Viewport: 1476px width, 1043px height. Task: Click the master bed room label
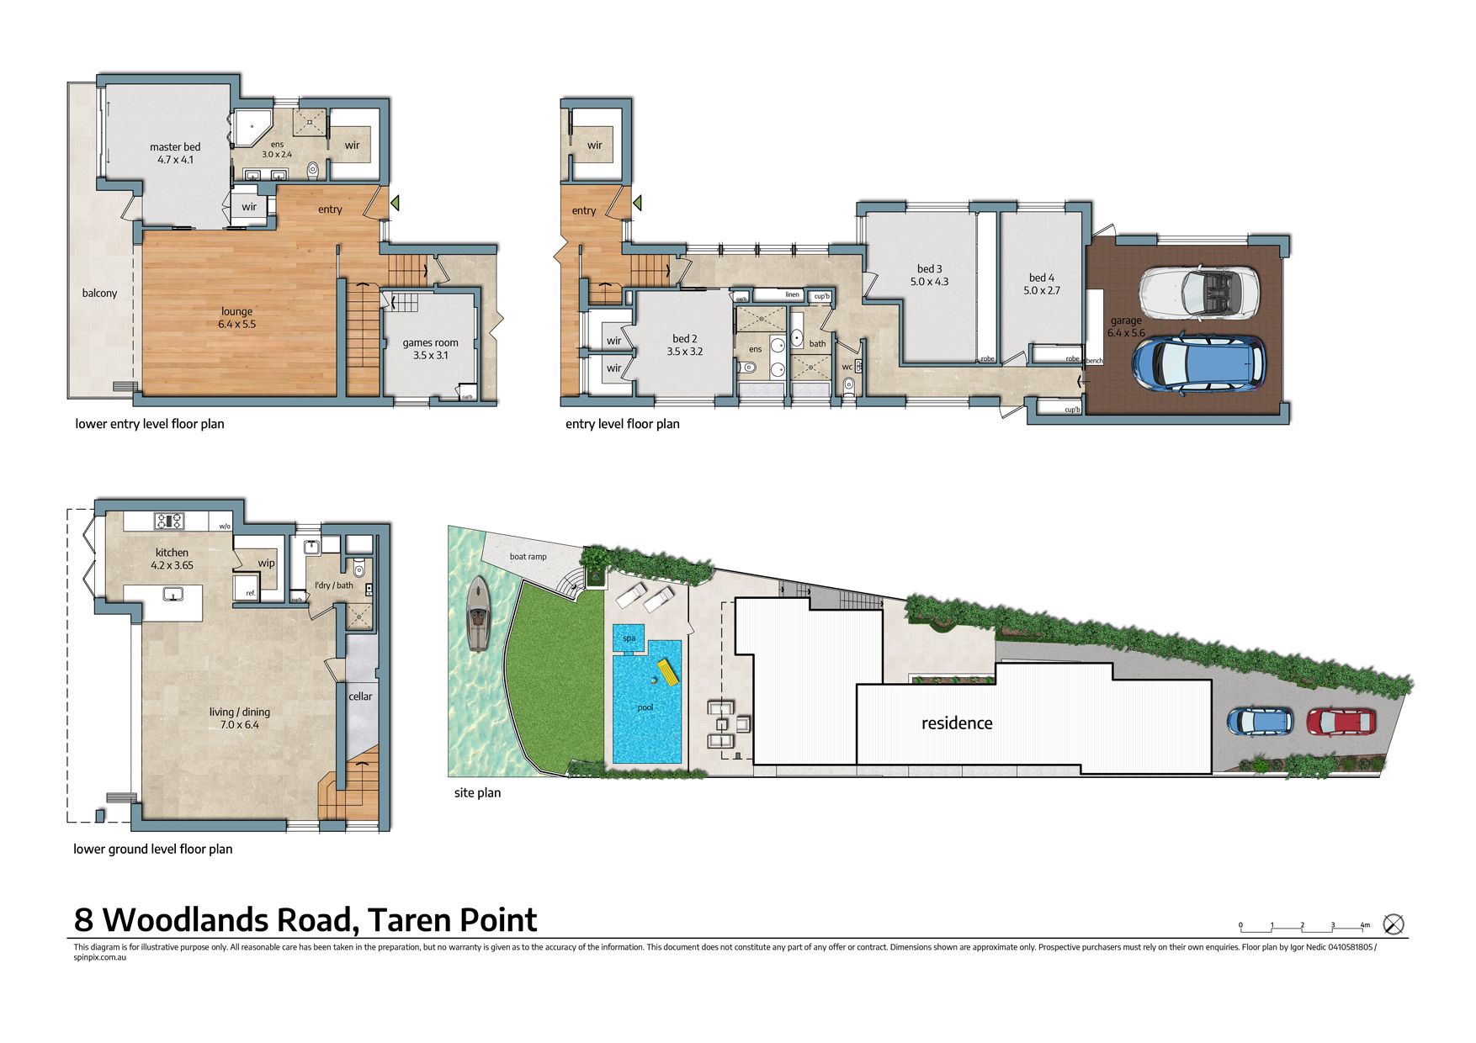click(175, 147)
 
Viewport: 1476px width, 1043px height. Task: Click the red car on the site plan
click(1341, 721)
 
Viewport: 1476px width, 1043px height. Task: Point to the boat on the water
click(478, 614)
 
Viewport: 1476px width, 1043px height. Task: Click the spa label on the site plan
click(629, 638)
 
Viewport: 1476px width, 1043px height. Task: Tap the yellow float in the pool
click(668, 672)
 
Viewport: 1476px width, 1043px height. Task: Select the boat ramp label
click(528, 557)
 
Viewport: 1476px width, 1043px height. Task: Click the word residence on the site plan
click(957, 723)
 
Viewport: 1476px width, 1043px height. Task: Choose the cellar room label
click(360, 696)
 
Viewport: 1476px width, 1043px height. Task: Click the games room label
click(430, 343)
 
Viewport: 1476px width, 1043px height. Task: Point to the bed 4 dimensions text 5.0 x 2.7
click(1042, 290)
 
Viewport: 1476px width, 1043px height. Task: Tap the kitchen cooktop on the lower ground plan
click(168, 521)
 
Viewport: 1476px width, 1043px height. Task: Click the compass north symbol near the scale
click(1394, 924)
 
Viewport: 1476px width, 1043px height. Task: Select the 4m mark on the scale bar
click(1364, 925)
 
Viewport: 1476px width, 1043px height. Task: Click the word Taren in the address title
click(408, 920)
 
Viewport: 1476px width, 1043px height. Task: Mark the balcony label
click(99, 294)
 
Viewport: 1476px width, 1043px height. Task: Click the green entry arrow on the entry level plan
click(638, 203)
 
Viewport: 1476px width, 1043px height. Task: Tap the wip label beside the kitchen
click(266, 564)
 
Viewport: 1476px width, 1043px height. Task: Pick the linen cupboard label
click(792, 294)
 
